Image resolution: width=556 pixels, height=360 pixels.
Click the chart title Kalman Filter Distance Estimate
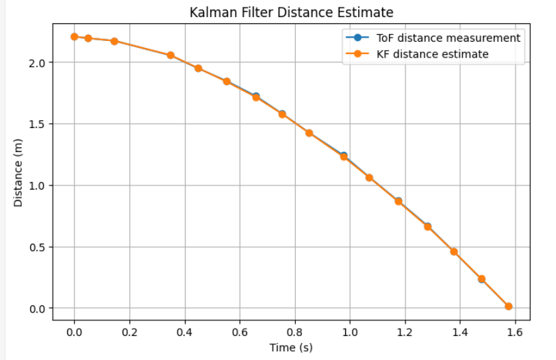pyautogui.click(x=291, y=12)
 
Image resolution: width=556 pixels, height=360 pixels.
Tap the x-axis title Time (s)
pyautogui.click(x=291, y=347)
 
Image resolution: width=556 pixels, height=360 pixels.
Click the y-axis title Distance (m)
pyautogui.click(x=18, y=172)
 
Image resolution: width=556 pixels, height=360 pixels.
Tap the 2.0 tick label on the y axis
pyautogui.click(x=38, y=62)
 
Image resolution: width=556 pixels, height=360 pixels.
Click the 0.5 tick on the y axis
pyautogui.click(x=38, y=247)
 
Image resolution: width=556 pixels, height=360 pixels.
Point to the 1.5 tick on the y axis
pyautogui.click(x=38, y=124)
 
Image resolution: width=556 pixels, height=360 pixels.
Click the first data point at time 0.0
pyautogui.click(x=74, y=36)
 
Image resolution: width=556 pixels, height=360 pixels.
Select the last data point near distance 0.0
pyautogui.click(x=508, y=307)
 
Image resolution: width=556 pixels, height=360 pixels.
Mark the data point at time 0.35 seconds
pyautogui.click(x=170, y=55)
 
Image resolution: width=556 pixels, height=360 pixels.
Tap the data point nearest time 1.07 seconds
pyautogui.click(x=369, y=178)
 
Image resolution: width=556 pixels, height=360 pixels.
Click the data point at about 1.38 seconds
pyautogui.click(x=454, y=252)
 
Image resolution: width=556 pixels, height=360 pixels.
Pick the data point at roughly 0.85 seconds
pyautogui.click(x=309, y=133)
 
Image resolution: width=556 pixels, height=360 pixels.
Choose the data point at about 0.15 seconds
pyautogui.click(x=114, y=41)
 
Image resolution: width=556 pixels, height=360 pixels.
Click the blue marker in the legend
pyautogui.click(x=356, y=38)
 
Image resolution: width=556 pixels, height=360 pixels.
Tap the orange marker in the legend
pyautogui.click(x=356, y=54)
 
